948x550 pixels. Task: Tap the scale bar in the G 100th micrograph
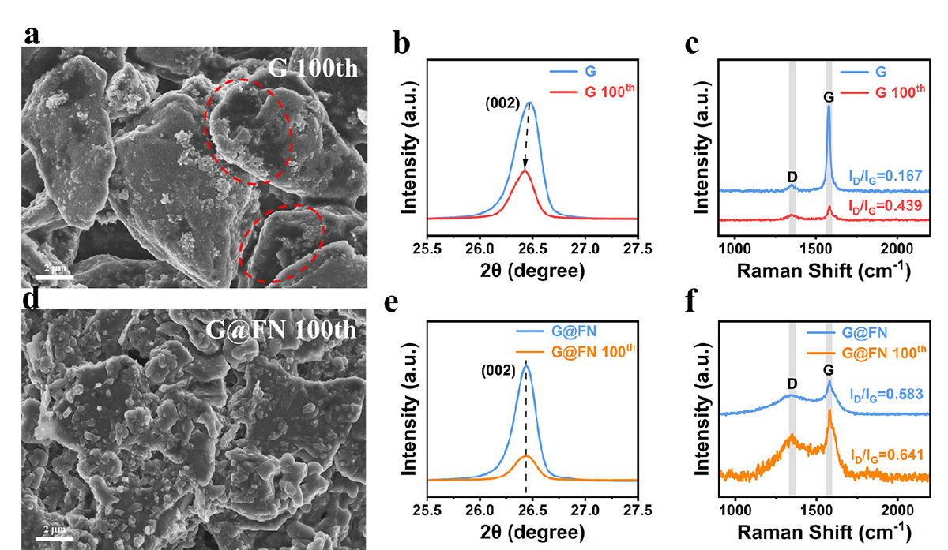[x=55, y=276]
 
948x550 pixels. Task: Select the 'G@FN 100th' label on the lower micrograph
[x=303, y=329]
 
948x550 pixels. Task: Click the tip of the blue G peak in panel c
[x=829, y=105]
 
